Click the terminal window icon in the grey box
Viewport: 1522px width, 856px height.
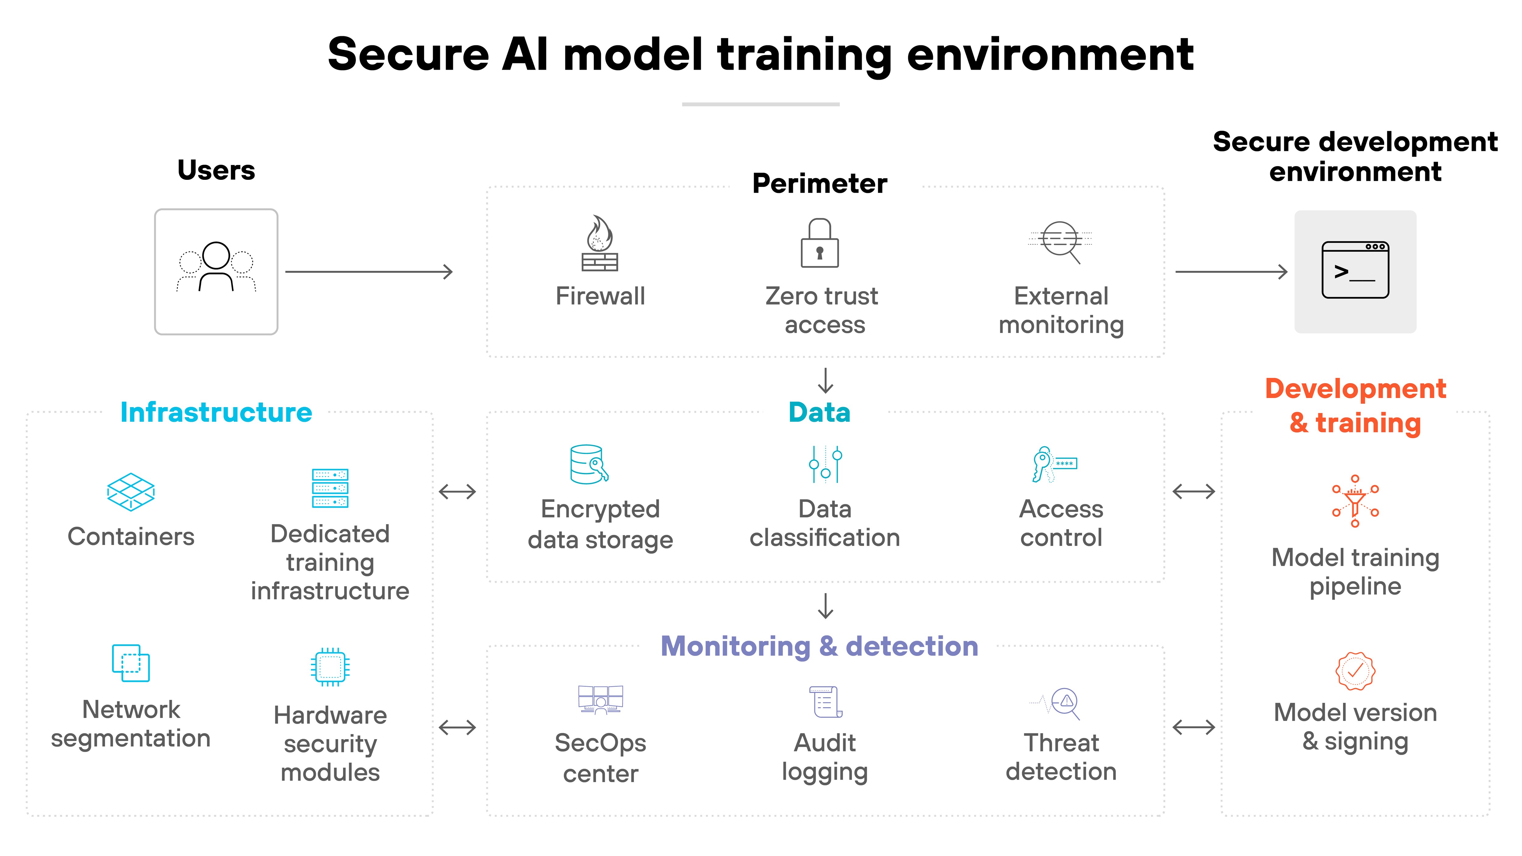1355,270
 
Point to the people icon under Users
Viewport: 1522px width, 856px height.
216,267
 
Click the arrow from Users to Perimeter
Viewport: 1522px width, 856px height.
369,272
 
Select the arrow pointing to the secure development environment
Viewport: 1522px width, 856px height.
1231,272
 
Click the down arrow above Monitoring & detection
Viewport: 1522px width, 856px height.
826,606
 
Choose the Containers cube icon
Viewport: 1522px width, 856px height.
131,491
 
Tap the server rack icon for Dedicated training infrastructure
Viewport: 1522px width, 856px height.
330,488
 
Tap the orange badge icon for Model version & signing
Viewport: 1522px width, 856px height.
1355,671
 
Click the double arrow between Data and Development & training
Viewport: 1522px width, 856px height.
1194,491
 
